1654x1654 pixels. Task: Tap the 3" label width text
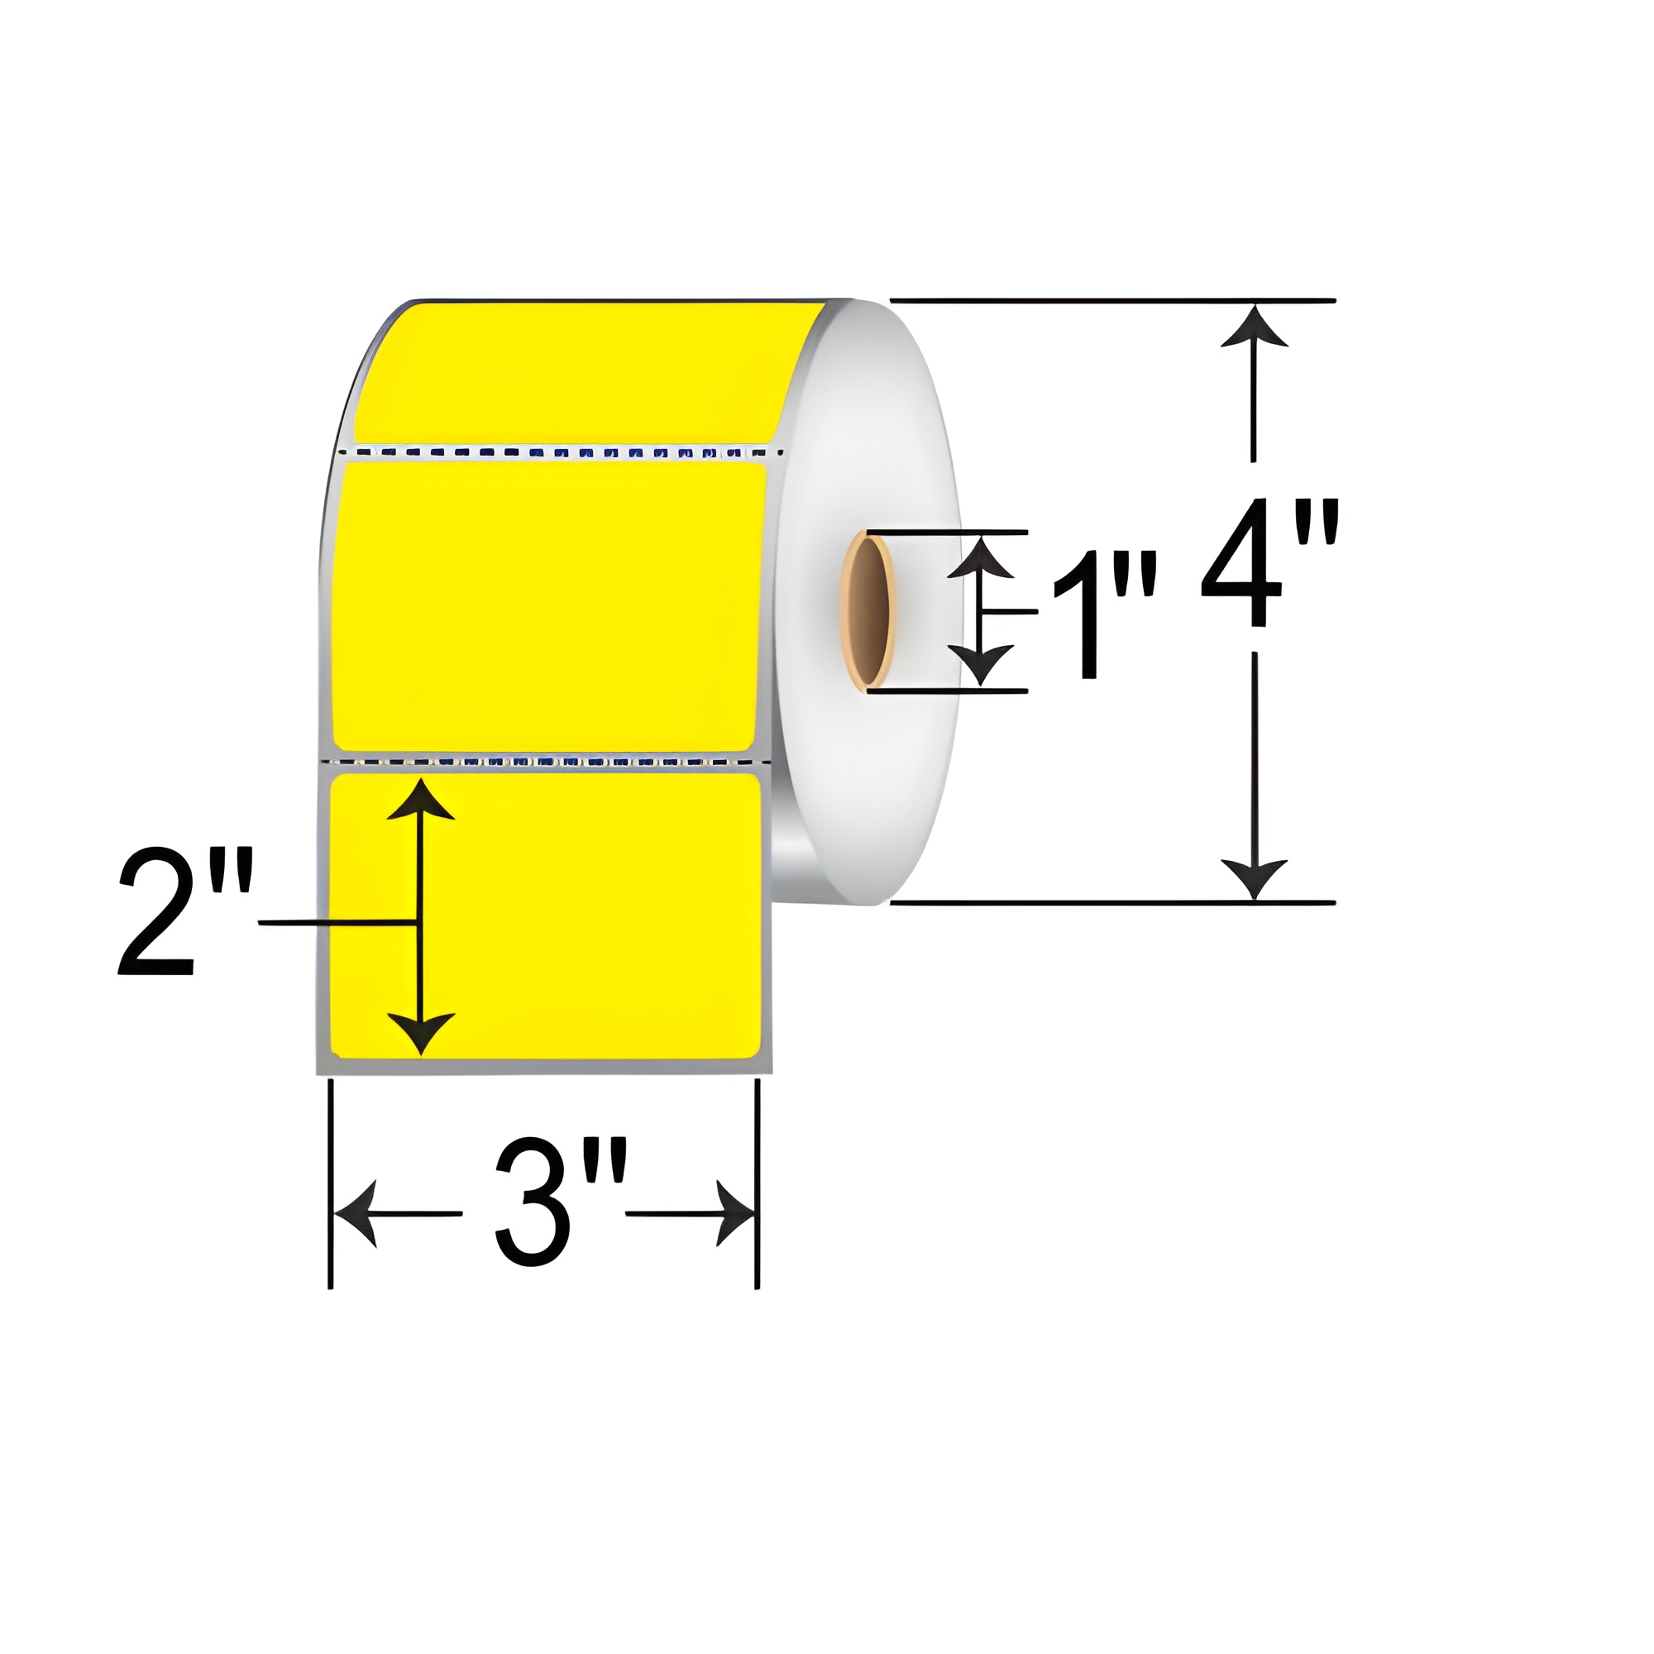(x=559, y=1202)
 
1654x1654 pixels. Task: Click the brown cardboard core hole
(x=868, y=610)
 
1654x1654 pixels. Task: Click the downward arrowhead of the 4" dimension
(x=1255, y=877)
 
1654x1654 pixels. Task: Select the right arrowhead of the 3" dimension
(x=734, y=1214)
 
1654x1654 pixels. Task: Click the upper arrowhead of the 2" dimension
(x=419, y=801)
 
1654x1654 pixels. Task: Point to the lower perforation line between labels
(x=548, y=760)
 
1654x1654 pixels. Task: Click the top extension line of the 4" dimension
(x=1113, y=300)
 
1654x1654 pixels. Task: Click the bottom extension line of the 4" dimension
(x=1113, y=902)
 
